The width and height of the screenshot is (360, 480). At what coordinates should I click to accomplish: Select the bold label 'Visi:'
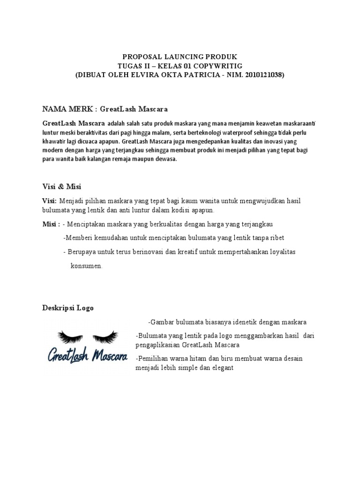click(x=49, y=201)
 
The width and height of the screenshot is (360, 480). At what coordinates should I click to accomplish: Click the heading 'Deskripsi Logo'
click(x=68, y=308)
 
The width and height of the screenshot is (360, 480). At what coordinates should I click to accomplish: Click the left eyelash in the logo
click(x=70, y=336)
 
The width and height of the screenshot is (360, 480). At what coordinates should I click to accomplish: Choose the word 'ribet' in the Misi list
click(x=276, y=238)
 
